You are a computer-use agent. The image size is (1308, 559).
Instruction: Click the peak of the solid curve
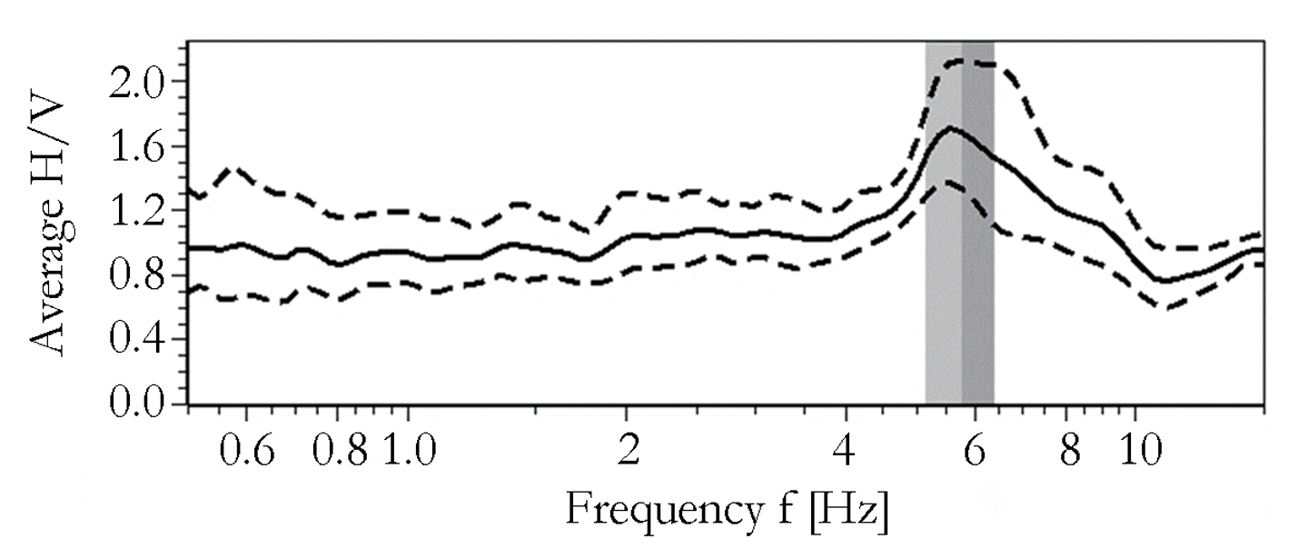pyautogui.click(x=950, y=128)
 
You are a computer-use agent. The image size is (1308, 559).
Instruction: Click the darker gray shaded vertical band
pyautogui.click(x=978, y=273)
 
